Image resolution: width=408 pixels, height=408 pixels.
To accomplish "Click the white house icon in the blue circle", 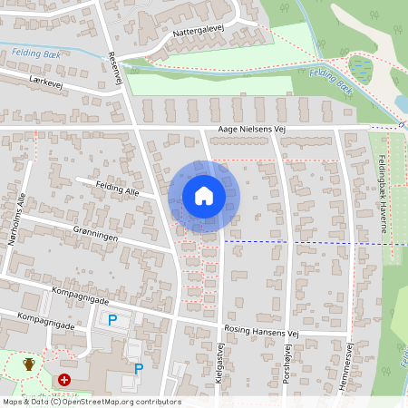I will [x=204, y=195].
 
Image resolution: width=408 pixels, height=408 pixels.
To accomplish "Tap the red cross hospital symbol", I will [x=64, y=380].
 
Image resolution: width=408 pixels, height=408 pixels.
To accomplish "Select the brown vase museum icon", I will [x=29, y=364].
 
